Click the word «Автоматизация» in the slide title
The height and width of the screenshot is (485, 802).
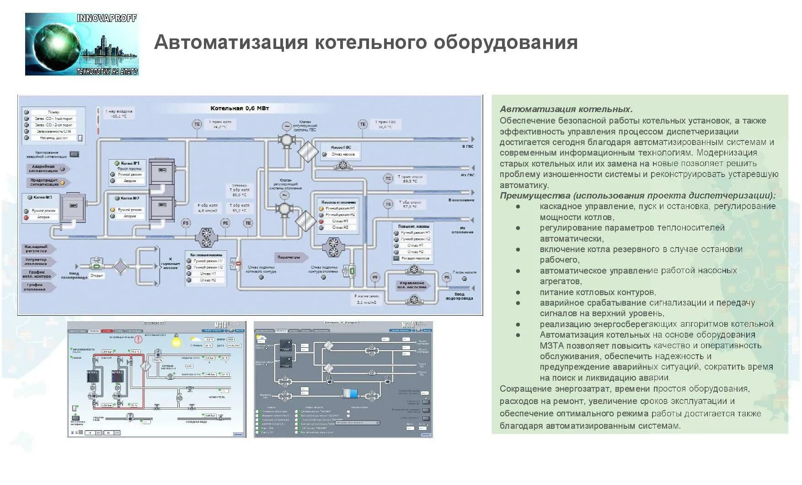click(x=231, y=43)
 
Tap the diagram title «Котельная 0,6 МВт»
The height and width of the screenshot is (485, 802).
click(x=240, y=108)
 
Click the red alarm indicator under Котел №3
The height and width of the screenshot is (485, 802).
click(x=27, y=217)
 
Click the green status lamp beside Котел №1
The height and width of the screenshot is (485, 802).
click(x=117, y=163)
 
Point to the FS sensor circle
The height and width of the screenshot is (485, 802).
click(x=186, y=223)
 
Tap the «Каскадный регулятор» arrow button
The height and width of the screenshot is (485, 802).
click(x=38, y=249)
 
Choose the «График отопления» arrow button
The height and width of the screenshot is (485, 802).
click(x=38, y=287)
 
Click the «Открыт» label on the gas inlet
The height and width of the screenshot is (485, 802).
click(x=97, y=275)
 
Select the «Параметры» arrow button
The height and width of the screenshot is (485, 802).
click(x=290, y=257)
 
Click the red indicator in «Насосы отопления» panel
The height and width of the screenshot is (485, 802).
click(x=321, y=221)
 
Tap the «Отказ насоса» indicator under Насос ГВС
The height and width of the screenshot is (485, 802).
click(x=324, y=155)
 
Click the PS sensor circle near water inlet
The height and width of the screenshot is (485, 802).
click(x=447, y=277)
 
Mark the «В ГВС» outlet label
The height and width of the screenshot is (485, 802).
click(x=467, y=146)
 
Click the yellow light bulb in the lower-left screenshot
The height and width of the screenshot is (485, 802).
click(x=176, y=341)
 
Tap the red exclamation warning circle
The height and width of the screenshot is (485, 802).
click(x=138, y=340)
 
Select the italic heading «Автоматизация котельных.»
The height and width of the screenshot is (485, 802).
click(x=566, y=109)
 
